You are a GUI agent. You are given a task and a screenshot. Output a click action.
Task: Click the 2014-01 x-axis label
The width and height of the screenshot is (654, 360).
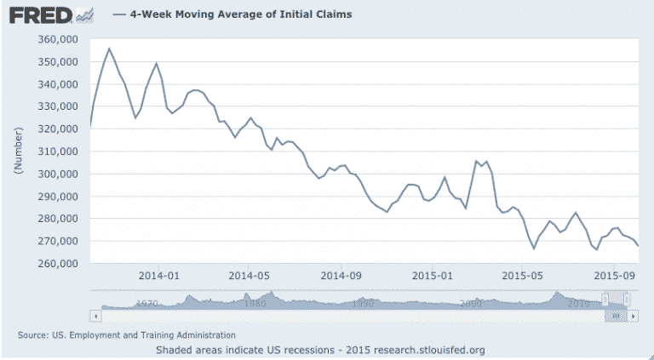(x=158, y=276)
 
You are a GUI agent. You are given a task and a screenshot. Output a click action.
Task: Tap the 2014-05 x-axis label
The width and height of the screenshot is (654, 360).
(x=249, y=276)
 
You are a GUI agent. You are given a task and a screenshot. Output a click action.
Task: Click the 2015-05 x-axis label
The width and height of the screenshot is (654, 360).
(x=522, y=276)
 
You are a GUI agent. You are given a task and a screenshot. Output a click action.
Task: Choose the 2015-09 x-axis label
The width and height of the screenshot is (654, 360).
(x=615, y=276)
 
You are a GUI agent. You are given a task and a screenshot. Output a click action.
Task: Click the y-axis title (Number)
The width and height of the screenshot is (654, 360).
(x=18, y=151)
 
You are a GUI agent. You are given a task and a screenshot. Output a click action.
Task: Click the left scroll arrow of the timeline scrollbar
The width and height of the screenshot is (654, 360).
(x=96, y=315)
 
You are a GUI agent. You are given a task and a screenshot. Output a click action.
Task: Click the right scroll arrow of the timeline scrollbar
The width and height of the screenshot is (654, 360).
(x=634, y=315)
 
